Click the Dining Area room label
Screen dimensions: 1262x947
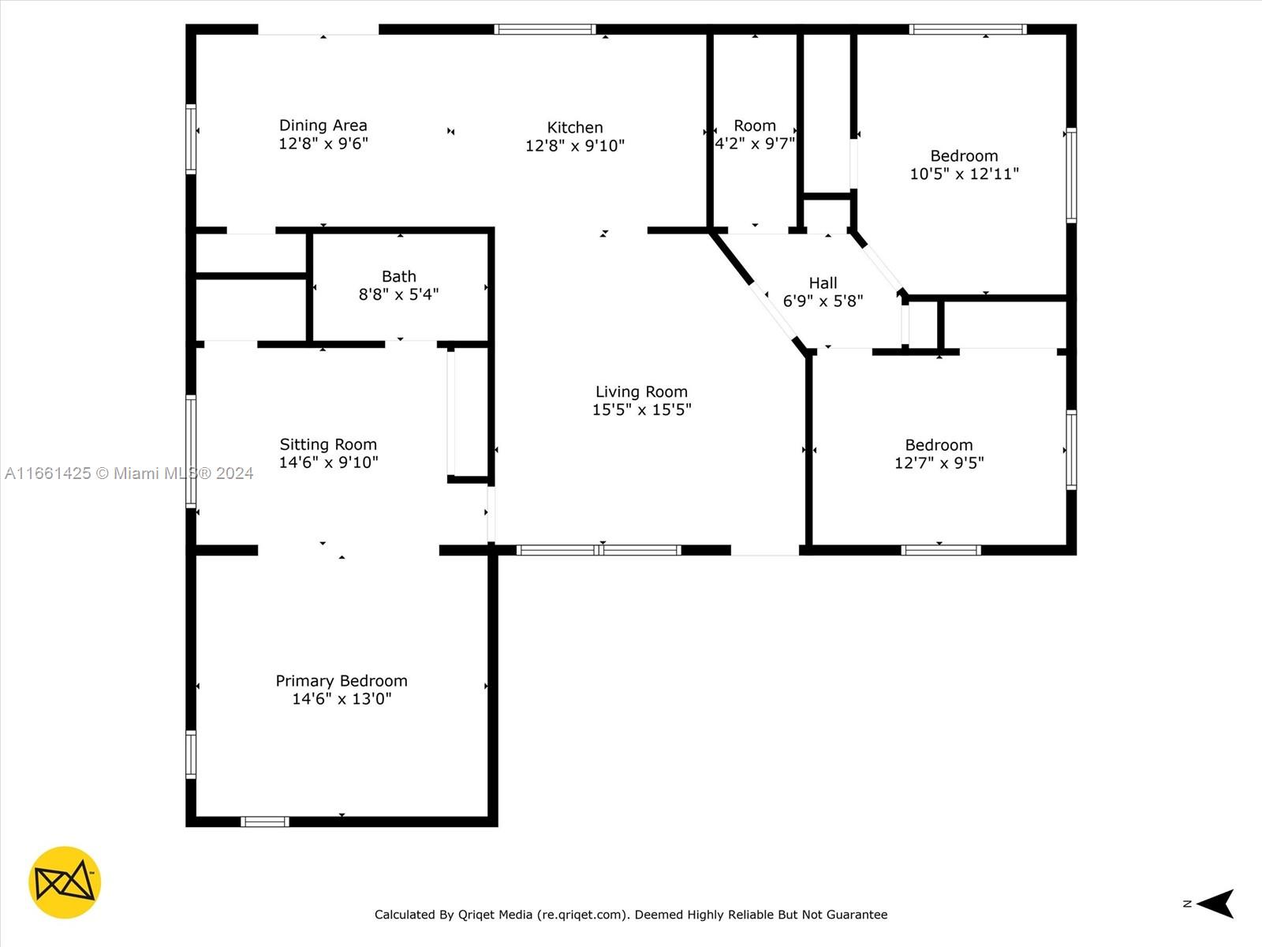coord(323,125)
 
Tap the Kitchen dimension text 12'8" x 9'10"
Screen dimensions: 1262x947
coord(574,145)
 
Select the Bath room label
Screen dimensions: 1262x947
coord(399,276)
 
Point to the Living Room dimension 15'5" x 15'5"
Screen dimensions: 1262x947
coord(641,410)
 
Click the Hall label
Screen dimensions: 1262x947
coord(823,283)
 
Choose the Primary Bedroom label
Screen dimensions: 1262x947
coord(342,681)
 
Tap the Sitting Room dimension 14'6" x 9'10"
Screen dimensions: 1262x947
coord(328,462)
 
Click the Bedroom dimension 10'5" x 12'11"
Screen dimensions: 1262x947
coord(964,174)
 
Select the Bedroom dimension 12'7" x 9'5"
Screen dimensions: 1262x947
coord(939,463)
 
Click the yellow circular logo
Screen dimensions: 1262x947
coord(65,882)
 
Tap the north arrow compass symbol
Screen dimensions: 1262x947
coord(1214,904)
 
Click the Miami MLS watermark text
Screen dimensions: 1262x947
coord(129,473)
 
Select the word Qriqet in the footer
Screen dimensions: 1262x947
coord(476,915)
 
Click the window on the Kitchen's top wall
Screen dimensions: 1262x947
coord(545,29)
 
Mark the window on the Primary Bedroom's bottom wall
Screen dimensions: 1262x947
coord(264,822)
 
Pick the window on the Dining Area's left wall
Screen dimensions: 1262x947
coord(191,139)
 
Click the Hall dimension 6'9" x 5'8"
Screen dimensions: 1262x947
coord(823,301)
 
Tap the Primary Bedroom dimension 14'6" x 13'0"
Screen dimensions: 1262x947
coord(342,698)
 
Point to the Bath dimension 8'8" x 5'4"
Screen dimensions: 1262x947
coord(399,294)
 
